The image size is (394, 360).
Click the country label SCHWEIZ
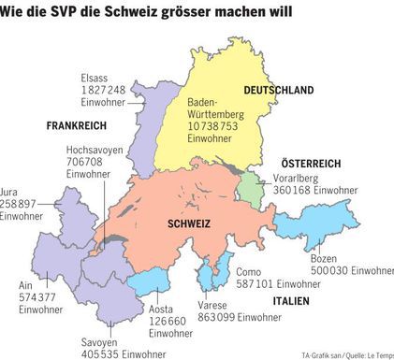189,224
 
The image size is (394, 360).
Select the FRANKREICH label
75,124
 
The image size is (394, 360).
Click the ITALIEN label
290,301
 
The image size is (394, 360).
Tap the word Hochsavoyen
95,150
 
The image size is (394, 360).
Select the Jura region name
10,190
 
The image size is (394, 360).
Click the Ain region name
28,286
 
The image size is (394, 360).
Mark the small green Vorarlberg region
249,186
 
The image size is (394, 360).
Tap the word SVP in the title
72,11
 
